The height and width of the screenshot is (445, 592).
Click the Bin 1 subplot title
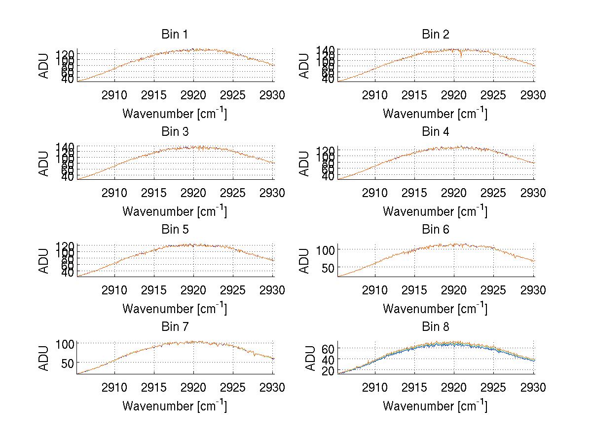pyautogui.click(x=174, y=35)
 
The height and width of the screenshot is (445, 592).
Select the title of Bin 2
pyautogui.click(x=435, y=35)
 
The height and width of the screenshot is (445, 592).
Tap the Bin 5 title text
pyautogui.click(x=174, y=230)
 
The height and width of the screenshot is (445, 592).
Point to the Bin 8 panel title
pyautogui.click(x=435, y=327)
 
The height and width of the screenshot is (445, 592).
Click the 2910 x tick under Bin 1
pyautogui.click(x=114, y=95)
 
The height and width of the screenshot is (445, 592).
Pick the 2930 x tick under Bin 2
pyautogui.click(x=533, y=95)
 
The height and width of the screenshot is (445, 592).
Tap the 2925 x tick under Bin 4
pyautogui.click(x=494, y=193)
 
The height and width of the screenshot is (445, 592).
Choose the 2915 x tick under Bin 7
pyautogui.click(x=154, y=388)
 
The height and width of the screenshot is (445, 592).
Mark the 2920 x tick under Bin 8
pyautogui.click(x=454, y=388)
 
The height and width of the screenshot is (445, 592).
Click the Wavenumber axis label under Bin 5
pyautogui.click(x=174, y=309)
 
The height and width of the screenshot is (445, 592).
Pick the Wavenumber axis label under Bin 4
pyautogui.click(x=435, y=211)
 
